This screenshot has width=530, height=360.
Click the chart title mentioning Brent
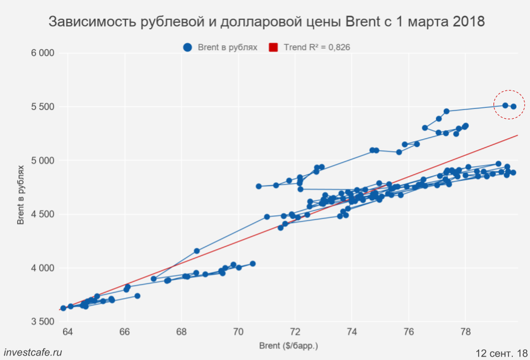(266, 22)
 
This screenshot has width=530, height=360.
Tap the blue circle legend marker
(188, 47)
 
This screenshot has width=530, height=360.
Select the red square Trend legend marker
(273, 47)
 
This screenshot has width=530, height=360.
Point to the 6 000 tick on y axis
(42, 53)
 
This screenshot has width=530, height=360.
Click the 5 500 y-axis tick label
(42, 107)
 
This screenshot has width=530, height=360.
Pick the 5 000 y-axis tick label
(42, 161)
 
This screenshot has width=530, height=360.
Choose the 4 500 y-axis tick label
(42, 214)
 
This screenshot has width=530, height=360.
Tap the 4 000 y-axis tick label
(42, 268)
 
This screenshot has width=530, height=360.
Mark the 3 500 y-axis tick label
(42, 322)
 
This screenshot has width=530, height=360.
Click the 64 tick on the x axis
(67, 332)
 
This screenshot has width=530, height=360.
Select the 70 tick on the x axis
(238, 332)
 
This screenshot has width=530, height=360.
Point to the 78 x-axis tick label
(465, 332)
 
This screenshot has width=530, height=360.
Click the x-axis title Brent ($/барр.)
(288, 346)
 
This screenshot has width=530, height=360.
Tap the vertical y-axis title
(20, 194)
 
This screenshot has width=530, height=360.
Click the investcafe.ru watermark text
(33, 352)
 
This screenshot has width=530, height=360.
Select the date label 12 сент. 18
(501, 352)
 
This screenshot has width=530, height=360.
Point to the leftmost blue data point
(63, 308)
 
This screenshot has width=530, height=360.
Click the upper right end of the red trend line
(517, 135)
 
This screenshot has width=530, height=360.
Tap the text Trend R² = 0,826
(317, 47)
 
